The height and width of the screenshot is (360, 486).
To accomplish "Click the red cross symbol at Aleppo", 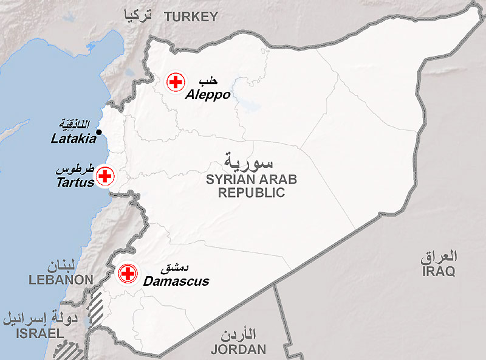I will (176, 81).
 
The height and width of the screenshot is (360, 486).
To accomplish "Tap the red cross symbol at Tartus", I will (105, 176).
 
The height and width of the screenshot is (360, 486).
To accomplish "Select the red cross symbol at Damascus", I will (128, 274).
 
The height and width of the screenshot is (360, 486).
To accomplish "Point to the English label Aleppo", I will (208, 95).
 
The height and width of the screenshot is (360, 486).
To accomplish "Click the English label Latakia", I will (74, 139).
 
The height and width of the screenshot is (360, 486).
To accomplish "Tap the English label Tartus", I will (75, 182).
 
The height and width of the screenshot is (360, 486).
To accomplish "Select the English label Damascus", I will (176, 282).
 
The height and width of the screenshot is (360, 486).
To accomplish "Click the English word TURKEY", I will (190, 17).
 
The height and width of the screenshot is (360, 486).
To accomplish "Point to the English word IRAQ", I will (438, 272).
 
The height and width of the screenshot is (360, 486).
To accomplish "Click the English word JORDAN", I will (238, 349).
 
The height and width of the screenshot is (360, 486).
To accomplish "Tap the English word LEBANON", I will (61, 280).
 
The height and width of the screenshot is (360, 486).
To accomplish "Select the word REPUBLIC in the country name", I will (252, 193).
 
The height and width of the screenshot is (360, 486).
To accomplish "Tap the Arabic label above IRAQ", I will (439, 256).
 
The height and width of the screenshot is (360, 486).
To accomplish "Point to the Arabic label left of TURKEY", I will (137, 15).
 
